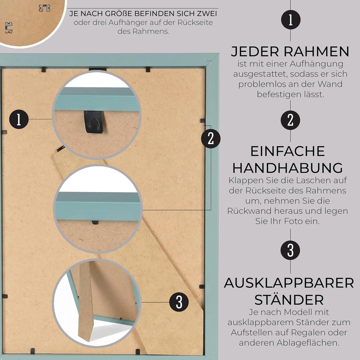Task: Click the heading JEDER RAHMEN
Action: point(290,51)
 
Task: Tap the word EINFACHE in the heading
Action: point(287,151)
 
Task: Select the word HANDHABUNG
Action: point(288,168)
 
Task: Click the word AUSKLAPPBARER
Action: point(289,283)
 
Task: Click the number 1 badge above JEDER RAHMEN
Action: point(291,20)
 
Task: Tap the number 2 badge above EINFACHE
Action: point(290,120)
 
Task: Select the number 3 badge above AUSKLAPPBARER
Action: point(290,250)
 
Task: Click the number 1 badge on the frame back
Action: point(19,119)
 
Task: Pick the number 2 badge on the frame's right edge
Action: point(211,139)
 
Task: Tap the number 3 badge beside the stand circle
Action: point(179,302)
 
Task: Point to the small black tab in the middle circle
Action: point(95,222)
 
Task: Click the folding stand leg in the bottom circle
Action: point(86,303)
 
